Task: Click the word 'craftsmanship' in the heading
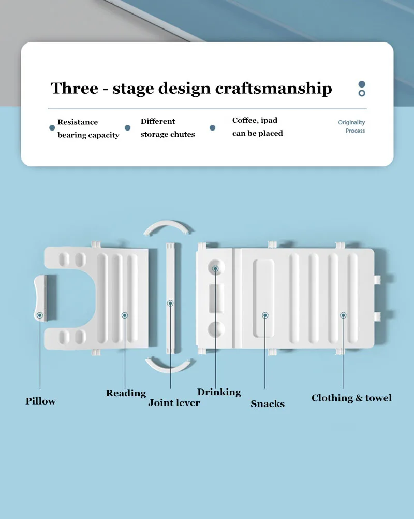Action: click(x=273, y=89)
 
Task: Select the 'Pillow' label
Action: click(x=40, y=401)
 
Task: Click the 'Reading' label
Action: click(x=126, y=393)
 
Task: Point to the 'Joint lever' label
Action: click(x=174, y=402)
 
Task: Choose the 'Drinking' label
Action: click(x=219, y=392)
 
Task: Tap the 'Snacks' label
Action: click(x=268, y=403)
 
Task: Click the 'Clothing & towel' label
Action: click(x=351, y=398)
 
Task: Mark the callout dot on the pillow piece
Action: click(x=40, y=314)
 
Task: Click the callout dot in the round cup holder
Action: click(x=215, y=268)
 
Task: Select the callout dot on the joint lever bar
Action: click(x=170, y=303)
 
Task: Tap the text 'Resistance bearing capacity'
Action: click(x=88, y=128)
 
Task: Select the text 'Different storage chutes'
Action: click(x=167, y=127)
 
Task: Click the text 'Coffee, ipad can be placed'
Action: click(x=257, y=127)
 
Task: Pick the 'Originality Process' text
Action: click(x=352, y=126)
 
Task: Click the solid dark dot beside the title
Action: click(x=362, y=84)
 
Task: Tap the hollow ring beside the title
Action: click(x=362, y=93)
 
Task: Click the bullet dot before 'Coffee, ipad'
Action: click(x=212, y=127)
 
